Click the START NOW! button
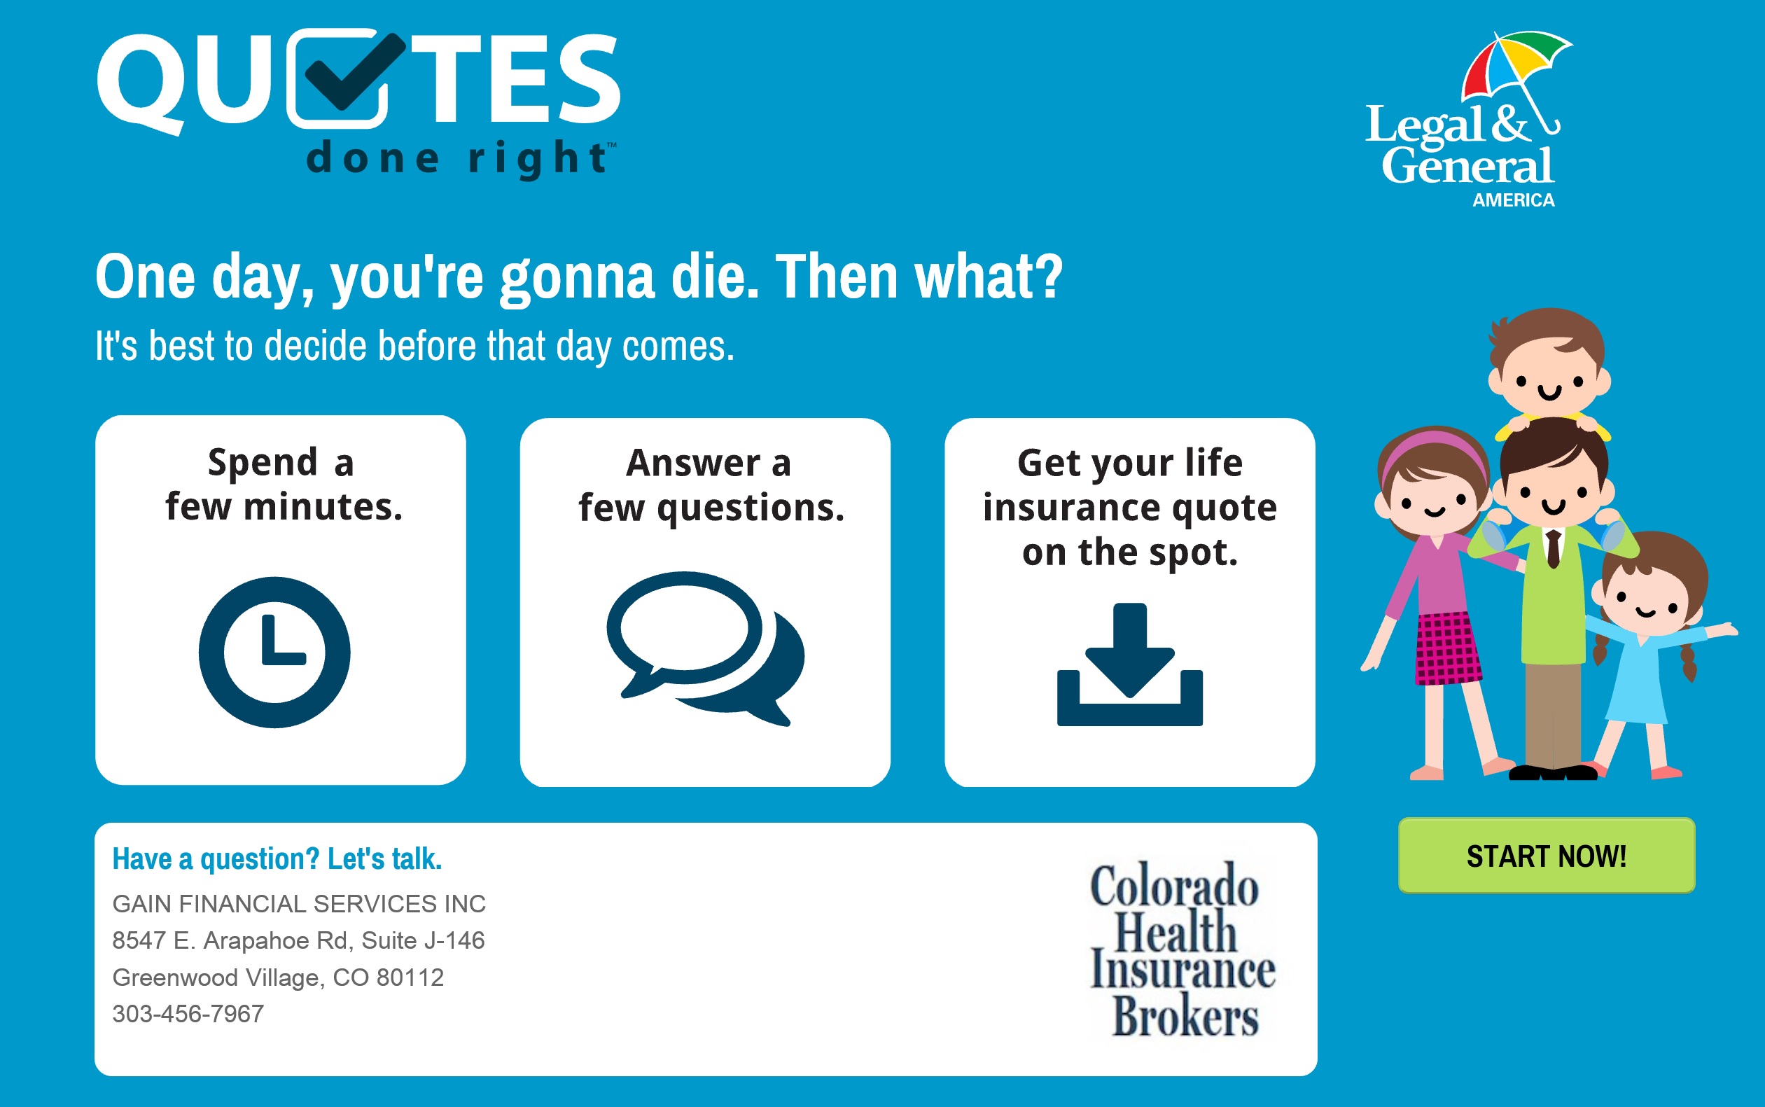(1546, 855)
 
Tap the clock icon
(274, 653)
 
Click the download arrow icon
(1129, 664)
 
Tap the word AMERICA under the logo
(1513, 200)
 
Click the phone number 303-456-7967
(188, 1014)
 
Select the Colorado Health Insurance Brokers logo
(1183, 949)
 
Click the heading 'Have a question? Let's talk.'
(277, 859)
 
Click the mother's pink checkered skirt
(1446, 648)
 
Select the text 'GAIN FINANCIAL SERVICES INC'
(299, 904)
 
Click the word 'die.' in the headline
(716, 277)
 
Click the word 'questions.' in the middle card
(751, 508)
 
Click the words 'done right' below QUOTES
(459, 158)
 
